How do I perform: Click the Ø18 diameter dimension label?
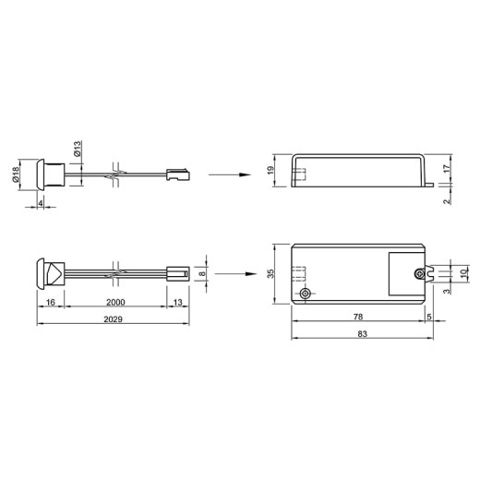pos(16,174)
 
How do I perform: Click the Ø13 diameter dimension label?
pos(78,149)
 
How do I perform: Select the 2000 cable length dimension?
pos(115,302)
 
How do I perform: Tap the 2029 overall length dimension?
pos(113,319)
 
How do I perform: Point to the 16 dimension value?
pos(51,302)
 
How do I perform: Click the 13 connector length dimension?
pos(178,302)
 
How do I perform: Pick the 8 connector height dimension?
pos(202,273)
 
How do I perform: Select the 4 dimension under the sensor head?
pos(41,203)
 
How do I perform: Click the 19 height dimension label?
pos(270,171)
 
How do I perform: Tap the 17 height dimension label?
pos(447,169)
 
